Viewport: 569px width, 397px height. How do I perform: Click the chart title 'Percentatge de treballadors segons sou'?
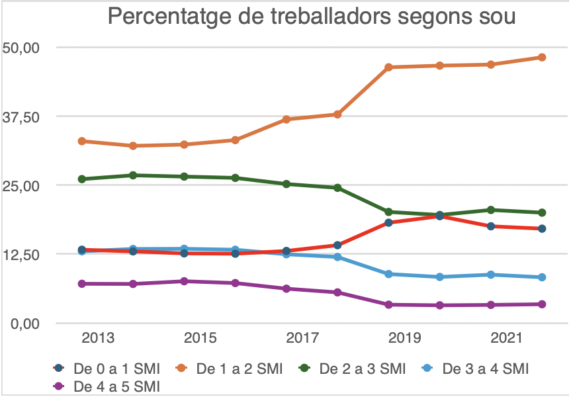[x=311, y=18]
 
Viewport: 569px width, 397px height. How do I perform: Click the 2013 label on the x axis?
[x=98, y=339]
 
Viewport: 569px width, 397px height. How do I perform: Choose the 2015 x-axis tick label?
[x=200, y=339]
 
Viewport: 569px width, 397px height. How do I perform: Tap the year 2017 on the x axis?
[x=302, y=339]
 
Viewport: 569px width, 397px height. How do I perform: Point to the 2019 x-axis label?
[x=405, y=339]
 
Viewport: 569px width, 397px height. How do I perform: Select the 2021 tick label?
[x=507, y=339]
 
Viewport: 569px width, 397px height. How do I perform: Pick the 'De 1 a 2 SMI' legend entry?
[x=231, y=369]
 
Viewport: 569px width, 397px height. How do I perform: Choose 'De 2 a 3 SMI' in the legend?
[x=354, y=369]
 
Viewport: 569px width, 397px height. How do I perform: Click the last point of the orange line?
[x=541, y=58]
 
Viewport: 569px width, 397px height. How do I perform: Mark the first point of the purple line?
[x=82, y=284]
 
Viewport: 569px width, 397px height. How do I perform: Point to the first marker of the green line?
[x=82, y=179]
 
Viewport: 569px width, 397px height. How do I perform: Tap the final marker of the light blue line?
[x=541, y=277]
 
